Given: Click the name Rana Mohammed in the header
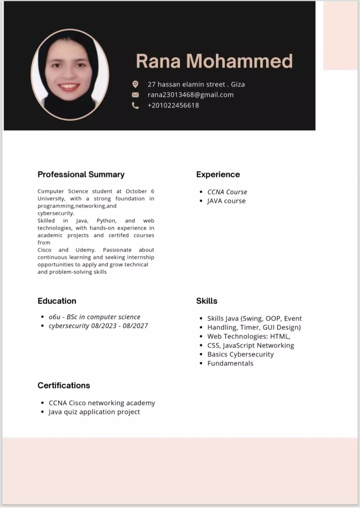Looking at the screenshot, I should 214,61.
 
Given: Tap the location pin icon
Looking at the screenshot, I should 135,84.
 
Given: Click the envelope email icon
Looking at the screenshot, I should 135,95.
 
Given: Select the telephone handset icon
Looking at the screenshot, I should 135,106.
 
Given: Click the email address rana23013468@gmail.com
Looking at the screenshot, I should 190,95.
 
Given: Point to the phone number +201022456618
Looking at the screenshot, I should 173,106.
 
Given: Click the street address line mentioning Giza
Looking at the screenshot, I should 196,84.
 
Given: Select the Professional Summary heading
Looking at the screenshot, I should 81,175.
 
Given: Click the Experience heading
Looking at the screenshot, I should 218,175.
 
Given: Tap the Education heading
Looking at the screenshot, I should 57,301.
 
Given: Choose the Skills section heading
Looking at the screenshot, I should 207,301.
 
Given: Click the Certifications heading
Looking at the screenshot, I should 64,386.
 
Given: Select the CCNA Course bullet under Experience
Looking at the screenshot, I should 227,192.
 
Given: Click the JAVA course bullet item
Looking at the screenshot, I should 226,201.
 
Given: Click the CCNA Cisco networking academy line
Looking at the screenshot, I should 102,403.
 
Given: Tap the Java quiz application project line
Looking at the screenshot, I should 94,412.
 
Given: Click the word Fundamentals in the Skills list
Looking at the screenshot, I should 230,364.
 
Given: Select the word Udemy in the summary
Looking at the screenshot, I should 85,250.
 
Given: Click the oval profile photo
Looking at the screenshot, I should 70,75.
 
